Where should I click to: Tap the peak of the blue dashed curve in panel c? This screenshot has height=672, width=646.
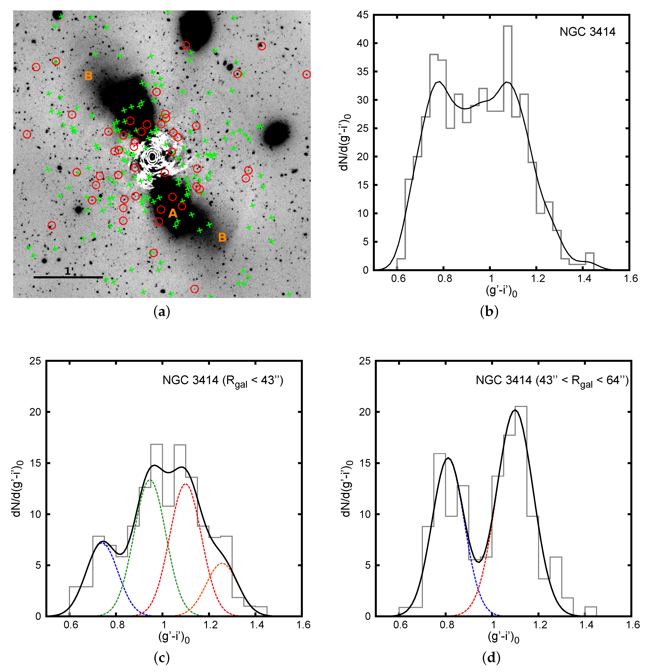102,543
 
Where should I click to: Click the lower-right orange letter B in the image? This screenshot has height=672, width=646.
222,237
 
